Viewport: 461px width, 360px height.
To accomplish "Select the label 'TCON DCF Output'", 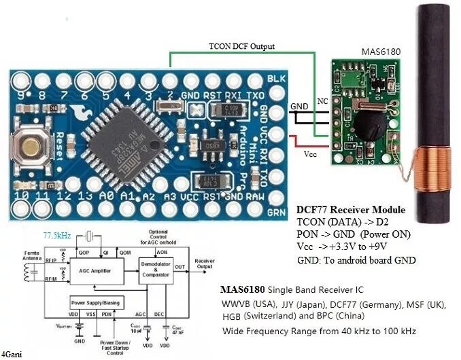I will pos(241,46).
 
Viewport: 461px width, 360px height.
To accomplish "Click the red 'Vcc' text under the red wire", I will pos(310,154).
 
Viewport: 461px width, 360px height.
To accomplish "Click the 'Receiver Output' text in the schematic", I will pos(204,264).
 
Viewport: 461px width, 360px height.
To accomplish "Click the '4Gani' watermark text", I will pos(10,354).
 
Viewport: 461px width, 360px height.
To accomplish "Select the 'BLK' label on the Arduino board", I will pos(275,79).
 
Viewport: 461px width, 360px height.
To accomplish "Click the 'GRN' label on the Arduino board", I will pos(276,211).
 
